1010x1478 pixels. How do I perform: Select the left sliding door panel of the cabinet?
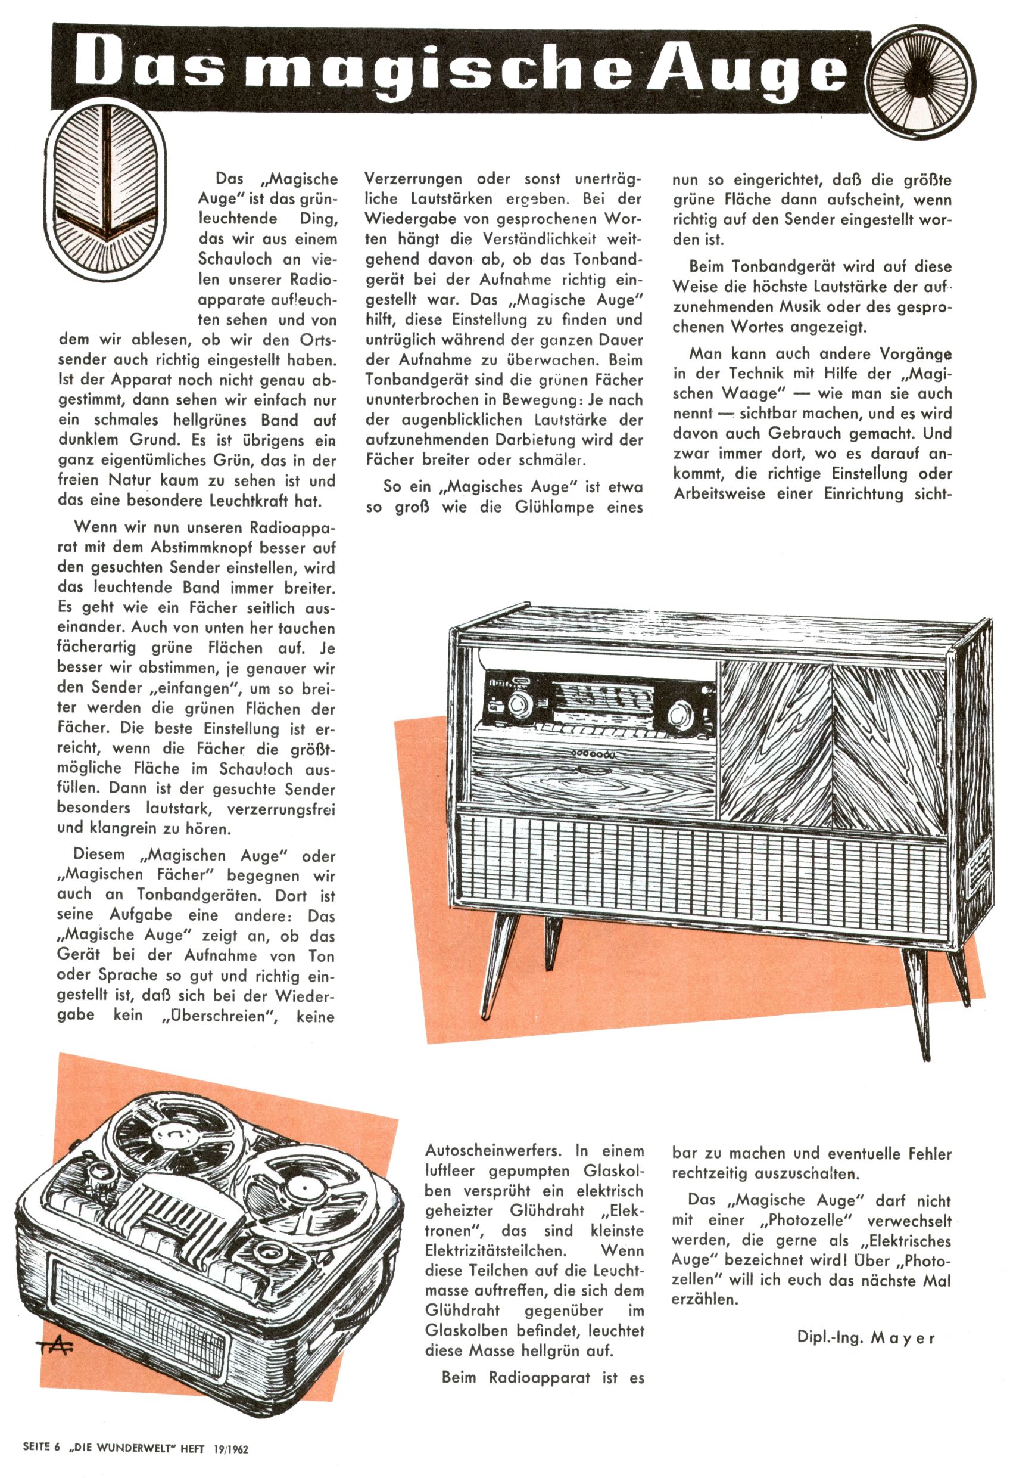tap(774, 741)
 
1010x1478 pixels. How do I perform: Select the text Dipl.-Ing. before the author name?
tap(830, 1337)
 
